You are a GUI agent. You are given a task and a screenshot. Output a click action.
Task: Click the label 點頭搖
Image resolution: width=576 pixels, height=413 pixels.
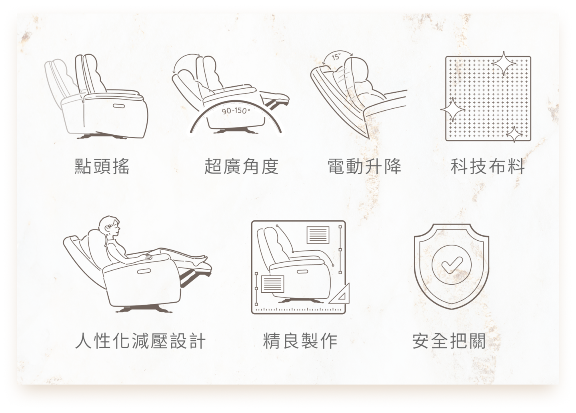coord(102,166)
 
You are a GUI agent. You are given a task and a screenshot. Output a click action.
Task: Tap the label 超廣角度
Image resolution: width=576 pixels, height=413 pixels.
coord(242,166)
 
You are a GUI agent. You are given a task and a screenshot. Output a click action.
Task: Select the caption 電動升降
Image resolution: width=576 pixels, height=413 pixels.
coord(364,166)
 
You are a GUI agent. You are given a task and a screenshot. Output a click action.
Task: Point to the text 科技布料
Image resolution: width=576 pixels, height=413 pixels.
coord(488,166)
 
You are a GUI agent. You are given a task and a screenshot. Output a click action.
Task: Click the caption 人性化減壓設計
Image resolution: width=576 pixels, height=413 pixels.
coord(140,341)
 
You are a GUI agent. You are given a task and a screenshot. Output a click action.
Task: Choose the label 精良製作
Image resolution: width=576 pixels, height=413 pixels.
coord(300,341)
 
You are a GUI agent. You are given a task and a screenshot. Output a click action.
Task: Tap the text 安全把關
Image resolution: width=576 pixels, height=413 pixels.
coord(449,341)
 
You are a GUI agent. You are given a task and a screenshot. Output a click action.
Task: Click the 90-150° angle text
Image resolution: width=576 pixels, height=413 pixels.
coord(236,111)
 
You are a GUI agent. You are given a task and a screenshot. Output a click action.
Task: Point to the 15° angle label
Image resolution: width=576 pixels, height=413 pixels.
coord(336,56)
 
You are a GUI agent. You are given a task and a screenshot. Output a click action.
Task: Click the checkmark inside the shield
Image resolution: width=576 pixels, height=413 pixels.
coord(452,265)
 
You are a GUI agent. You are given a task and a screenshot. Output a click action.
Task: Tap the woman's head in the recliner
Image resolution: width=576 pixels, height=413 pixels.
coord(110,226)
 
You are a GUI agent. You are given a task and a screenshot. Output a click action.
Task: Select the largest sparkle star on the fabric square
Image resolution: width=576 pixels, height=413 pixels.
coord(504,63)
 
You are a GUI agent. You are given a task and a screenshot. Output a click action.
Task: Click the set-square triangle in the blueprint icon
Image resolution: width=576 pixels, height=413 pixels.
coord(340,294)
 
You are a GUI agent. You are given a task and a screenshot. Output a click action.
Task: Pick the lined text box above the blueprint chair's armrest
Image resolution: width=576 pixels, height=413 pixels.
coord(318,235)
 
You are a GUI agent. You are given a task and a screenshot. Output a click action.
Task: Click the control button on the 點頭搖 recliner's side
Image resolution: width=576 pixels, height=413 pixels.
coord(118,106)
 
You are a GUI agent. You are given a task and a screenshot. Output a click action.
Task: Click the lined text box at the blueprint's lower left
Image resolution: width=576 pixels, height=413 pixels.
coord(272,284)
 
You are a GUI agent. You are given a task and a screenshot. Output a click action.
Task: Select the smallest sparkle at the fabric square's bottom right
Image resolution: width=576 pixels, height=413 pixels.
coord(514,134)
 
